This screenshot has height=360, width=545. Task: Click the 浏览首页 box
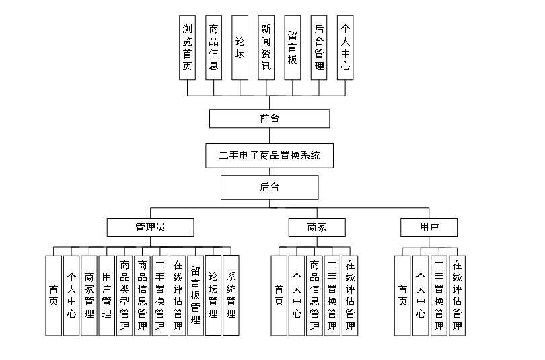click(x=188, y=47)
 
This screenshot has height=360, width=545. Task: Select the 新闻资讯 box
click(x=266, y=47)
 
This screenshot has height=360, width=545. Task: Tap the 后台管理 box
click(x=319, y=47)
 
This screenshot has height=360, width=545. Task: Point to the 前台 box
click(x=269, y=118)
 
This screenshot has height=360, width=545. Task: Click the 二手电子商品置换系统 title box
click(x=269, y=156)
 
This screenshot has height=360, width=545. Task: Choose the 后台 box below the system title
click(x=269, y=186)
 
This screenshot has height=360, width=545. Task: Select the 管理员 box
click(x=151, y=227)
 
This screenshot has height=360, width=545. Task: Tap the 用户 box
click(x=429, y=227)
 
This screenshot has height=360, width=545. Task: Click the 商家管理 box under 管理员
click(x=89, y=295)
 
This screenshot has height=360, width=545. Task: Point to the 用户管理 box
click(x=107, y=295)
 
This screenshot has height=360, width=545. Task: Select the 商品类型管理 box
click(x=124, y=295)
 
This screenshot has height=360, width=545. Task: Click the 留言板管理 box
click(x=195, y=295)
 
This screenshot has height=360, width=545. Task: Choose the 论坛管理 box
click(x=213, y=295)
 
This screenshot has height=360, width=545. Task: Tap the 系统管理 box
click(x=231, y=295)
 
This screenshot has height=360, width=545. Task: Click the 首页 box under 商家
click(x=279, y=295)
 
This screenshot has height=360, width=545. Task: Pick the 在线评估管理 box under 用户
click(x=458, y=295)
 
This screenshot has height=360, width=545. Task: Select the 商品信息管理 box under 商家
click(x=314, y=295)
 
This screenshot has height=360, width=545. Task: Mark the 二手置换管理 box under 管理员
click(x=160, y=295)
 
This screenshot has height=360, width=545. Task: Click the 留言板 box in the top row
click(x=292, y=47)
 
